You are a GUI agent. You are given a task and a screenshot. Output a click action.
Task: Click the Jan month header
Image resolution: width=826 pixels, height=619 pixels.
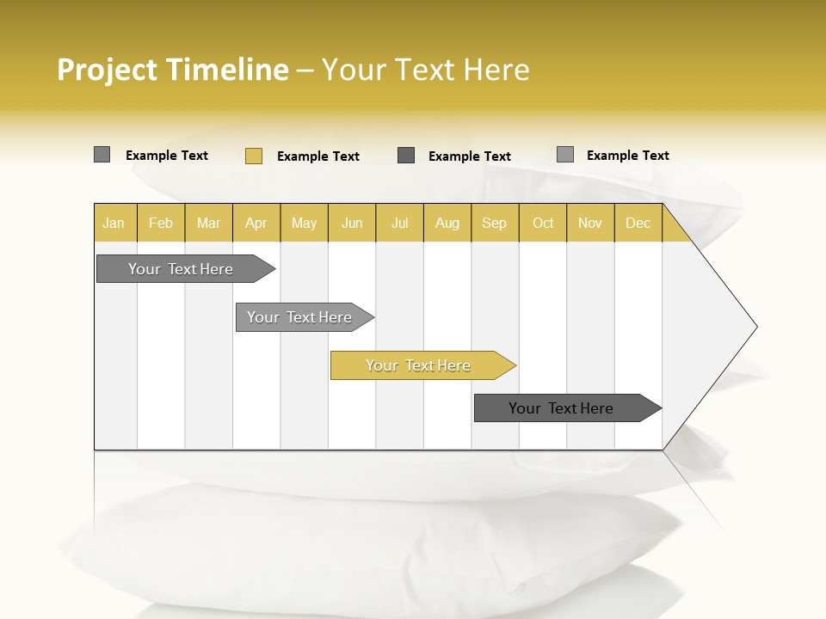click(x=114, y=223)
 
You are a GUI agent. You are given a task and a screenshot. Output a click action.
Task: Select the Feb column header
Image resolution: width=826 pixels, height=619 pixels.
click(x=161, y=223)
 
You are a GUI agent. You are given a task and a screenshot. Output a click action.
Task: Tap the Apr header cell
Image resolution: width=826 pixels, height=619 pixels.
click(x=256, y=223)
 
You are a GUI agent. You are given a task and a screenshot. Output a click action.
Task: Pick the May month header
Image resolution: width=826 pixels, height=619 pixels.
click(x=304, y=223)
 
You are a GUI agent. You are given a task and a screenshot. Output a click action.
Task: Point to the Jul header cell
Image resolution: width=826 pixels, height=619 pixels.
click(x=400, y=223)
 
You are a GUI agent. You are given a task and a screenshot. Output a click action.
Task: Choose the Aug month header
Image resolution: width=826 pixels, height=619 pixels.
click(x=447, y=223)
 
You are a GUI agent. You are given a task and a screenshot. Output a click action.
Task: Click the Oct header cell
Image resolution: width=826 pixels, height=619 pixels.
click(x=543, y=223)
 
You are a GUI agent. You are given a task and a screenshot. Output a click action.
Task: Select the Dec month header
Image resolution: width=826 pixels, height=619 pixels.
click(x=638, y=223)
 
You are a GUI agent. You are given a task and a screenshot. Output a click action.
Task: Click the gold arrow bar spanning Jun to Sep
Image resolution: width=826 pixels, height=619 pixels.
click(x=418, y=365)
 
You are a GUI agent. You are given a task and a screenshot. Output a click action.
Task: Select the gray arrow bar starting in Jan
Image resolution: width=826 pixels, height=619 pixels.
click(x=181, y=269)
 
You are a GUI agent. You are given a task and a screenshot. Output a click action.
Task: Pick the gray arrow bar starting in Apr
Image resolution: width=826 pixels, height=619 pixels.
click(x=299, y=317)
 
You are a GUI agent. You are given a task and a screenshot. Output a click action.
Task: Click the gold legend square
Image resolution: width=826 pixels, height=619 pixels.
click(x=254, y=156)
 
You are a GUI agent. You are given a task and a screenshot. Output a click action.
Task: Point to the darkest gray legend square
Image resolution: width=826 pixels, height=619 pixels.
click(x=406, y=156)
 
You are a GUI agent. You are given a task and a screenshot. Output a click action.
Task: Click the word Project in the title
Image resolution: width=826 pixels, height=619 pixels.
click(x=107, y=70)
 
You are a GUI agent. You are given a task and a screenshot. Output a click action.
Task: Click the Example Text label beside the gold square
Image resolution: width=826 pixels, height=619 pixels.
click(x=318, y=156)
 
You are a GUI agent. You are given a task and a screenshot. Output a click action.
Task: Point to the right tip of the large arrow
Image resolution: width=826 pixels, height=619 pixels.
click(x=755, y=327)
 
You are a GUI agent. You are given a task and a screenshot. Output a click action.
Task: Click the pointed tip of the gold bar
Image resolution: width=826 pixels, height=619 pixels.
click(x=514, y=365)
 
